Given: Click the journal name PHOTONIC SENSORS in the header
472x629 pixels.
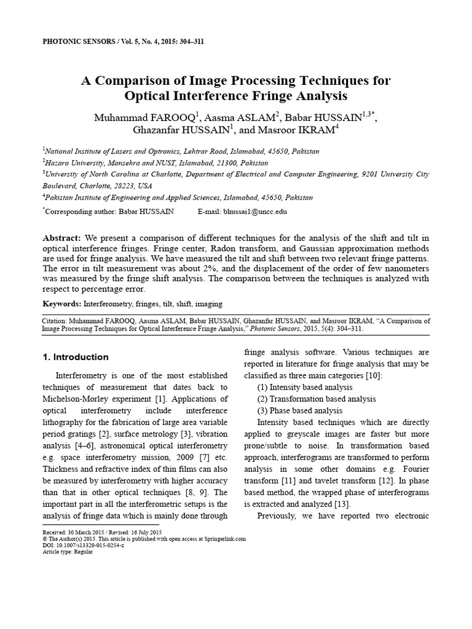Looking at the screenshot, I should click(77, 42).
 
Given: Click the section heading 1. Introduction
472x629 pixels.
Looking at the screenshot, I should click(75, 357).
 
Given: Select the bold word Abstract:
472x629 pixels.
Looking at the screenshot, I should click(61, 238).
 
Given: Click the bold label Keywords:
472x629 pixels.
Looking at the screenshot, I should click(61, 304).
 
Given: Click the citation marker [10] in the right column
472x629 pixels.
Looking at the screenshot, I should click(372, 375).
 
